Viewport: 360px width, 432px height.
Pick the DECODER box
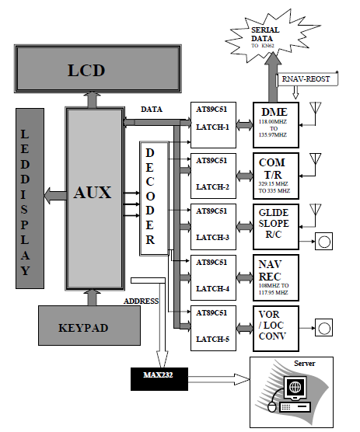click(150, 197)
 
